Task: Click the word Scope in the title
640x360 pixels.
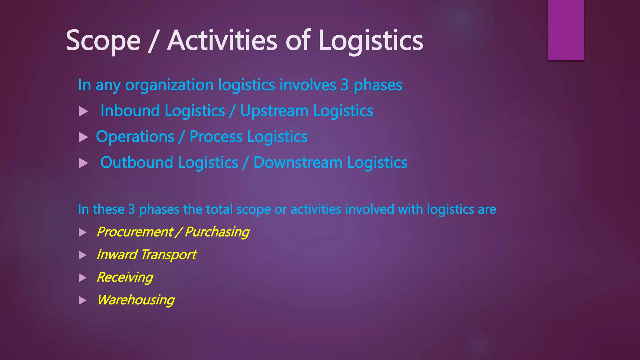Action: point(103,41)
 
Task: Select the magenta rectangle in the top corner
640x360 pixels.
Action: point(566,30)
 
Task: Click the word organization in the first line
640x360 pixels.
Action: point(169,85)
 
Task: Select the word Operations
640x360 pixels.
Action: point(135,137)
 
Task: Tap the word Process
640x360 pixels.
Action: point(216,137)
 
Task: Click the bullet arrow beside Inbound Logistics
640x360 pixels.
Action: point(83,112)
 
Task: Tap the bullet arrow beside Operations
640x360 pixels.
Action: point(83,137)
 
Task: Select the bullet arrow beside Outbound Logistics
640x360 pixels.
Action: point(83,163)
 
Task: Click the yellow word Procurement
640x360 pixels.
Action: point(134,232)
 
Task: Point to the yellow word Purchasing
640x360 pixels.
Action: point(217,232)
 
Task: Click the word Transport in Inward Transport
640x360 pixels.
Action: point(168,255)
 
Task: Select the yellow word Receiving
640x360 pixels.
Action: point(125,277)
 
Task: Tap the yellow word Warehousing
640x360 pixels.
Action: point(135,300)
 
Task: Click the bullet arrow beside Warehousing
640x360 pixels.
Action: point(82,301)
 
